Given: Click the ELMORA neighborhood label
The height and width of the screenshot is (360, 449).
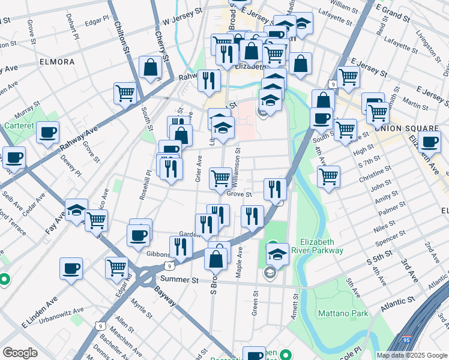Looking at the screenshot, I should (57, 62).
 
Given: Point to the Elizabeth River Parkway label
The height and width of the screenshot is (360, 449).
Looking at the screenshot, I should (317, 246).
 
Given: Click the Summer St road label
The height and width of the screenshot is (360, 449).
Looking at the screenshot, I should (178, 280).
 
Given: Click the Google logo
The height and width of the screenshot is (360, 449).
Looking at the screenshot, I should (20, 353).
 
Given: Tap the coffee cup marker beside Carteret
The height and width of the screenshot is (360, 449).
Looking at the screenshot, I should (47, 132).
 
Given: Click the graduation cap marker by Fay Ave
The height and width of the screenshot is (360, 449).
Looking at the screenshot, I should (76, 210).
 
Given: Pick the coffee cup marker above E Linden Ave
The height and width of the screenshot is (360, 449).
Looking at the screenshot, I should (71, 268).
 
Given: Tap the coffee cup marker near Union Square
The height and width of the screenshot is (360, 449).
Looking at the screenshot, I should (429, 142).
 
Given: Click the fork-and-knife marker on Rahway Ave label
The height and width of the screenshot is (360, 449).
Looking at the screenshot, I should (209, 80).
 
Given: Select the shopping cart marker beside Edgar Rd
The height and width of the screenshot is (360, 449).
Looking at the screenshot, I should (116, 267).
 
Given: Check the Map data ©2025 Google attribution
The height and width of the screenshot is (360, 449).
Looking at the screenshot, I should (411, 355).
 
